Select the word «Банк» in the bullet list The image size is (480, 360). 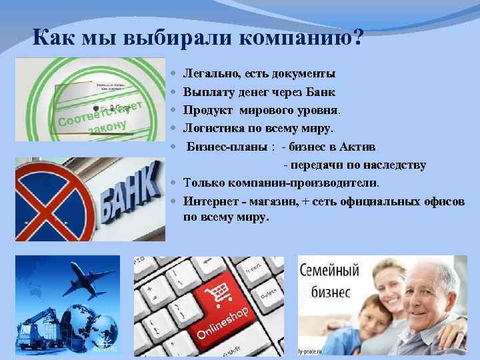(320, 91)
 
